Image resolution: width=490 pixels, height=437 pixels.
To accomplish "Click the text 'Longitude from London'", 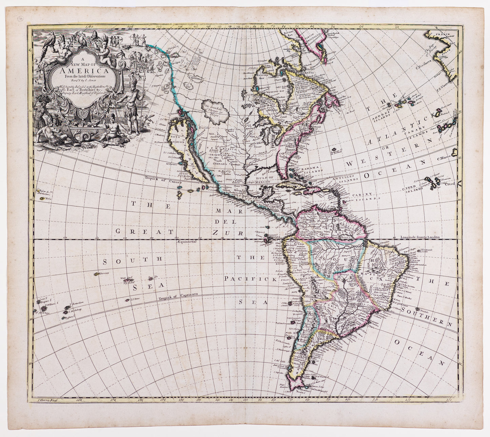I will (x=420, y=237).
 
